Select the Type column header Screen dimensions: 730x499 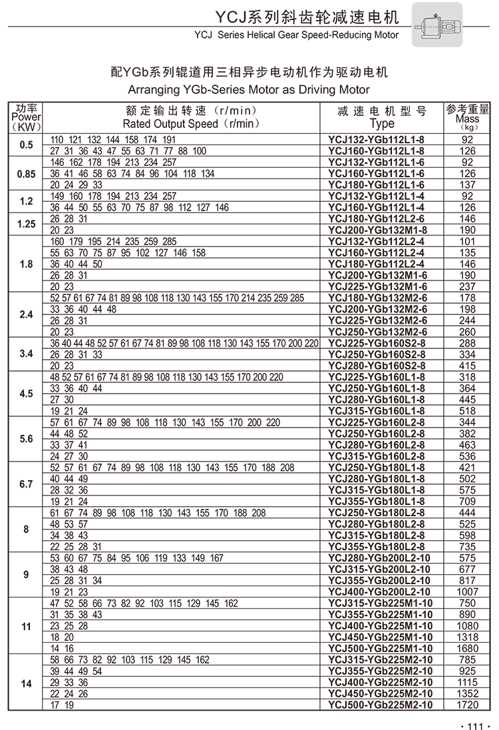[381, 117]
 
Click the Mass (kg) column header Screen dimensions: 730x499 [468, 117]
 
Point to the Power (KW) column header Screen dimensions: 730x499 [26, 117]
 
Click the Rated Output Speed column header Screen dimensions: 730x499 [181, 117]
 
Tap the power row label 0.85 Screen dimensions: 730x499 [27, 173]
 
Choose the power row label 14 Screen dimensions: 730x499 [27, 683]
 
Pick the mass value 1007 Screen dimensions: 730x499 [468, 591]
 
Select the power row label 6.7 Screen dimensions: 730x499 [27, 484]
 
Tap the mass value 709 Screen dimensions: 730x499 [468, 501]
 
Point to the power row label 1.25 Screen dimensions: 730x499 [27, 224]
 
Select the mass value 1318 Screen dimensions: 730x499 [468, 637]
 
